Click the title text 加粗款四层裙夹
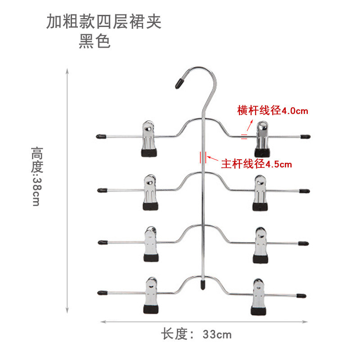click(x=103, y=22)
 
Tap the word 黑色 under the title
click(x=94, y=41)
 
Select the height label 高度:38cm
click(x=36, y=175)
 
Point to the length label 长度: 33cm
click(x=197, y=334)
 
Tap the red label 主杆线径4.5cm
click(x=256, y=164)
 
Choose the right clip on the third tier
click(x=261, y=245)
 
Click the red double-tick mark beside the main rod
click(x=202, y=158)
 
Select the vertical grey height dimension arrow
click(x=67, y=190)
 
